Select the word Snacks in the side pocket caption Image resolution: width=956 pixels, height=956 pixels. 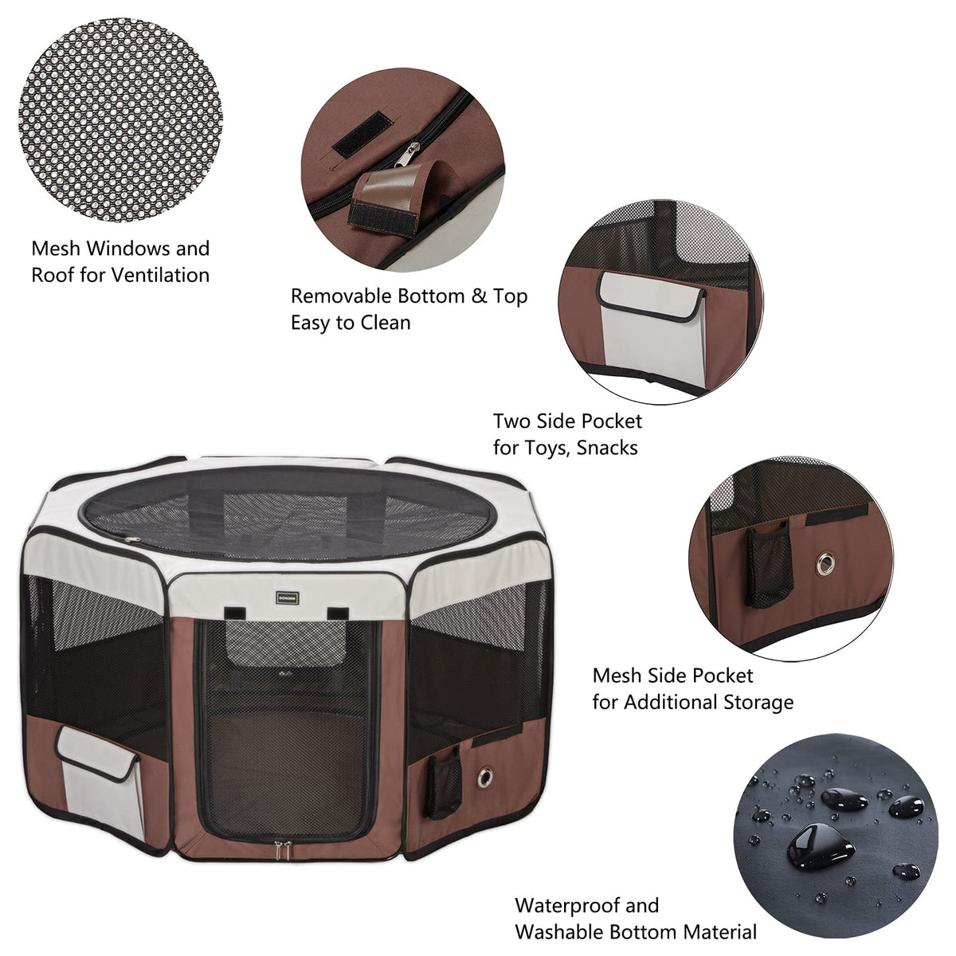(607, 448)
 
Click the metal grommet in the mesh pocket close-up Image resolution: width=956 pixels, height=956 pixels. (825, 563)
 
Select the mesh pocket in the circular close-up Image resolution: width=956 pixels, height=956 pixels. (769, 566)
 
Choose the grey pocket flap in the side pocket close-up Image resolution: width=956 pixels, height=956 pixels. (650, 296)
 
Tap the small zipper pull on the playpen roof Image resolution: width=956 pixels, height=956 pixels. (131, 540)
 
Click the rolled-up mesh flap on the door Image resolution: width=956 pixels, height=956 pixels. (286, 643)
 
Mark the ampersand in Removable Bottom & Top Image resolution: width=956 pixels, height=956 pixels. (479, 296)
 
